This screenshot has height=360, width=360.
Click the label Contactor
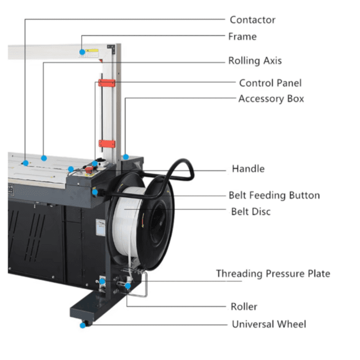coord(253,20)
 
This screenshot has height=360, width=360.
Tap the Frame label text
coord(242,37)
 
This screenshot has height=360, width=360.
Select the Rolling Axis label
coord(255,61)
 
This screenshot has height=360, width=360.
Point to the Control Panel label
coord(270,83)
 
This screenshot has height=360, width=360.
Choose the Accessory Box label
coord(271,99)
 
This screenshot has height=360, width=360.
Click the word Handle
coord(248,168)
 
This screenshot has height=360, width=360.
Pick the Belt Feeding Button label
coord(275,195)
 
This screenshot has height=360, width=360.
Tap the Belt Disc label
coord(251,212)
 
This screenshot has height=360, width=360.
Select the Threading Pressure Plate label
coord(273,273)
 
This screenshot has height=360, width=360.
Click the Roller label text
coord(244,307)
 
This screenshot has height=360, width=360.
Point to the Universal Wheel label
coord(269,324)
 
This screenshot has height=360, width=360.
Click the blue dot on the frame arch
coord(82,52)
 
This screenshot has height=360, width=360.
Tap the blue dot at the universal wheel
coord(82,325)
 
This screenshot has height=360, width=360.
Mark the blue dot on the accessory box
coord(126,157)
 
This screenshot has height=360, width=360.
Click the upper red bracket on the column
coord(107,83)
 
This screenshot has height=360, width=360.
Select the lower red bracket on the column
coord(107,144)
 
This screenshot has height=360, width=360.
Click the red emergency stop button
coord(89,170)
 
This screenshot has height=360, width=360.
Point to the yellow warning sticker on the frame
coord(92,51)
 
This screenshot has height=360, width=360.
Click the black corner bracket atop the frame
coord(111,48)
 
